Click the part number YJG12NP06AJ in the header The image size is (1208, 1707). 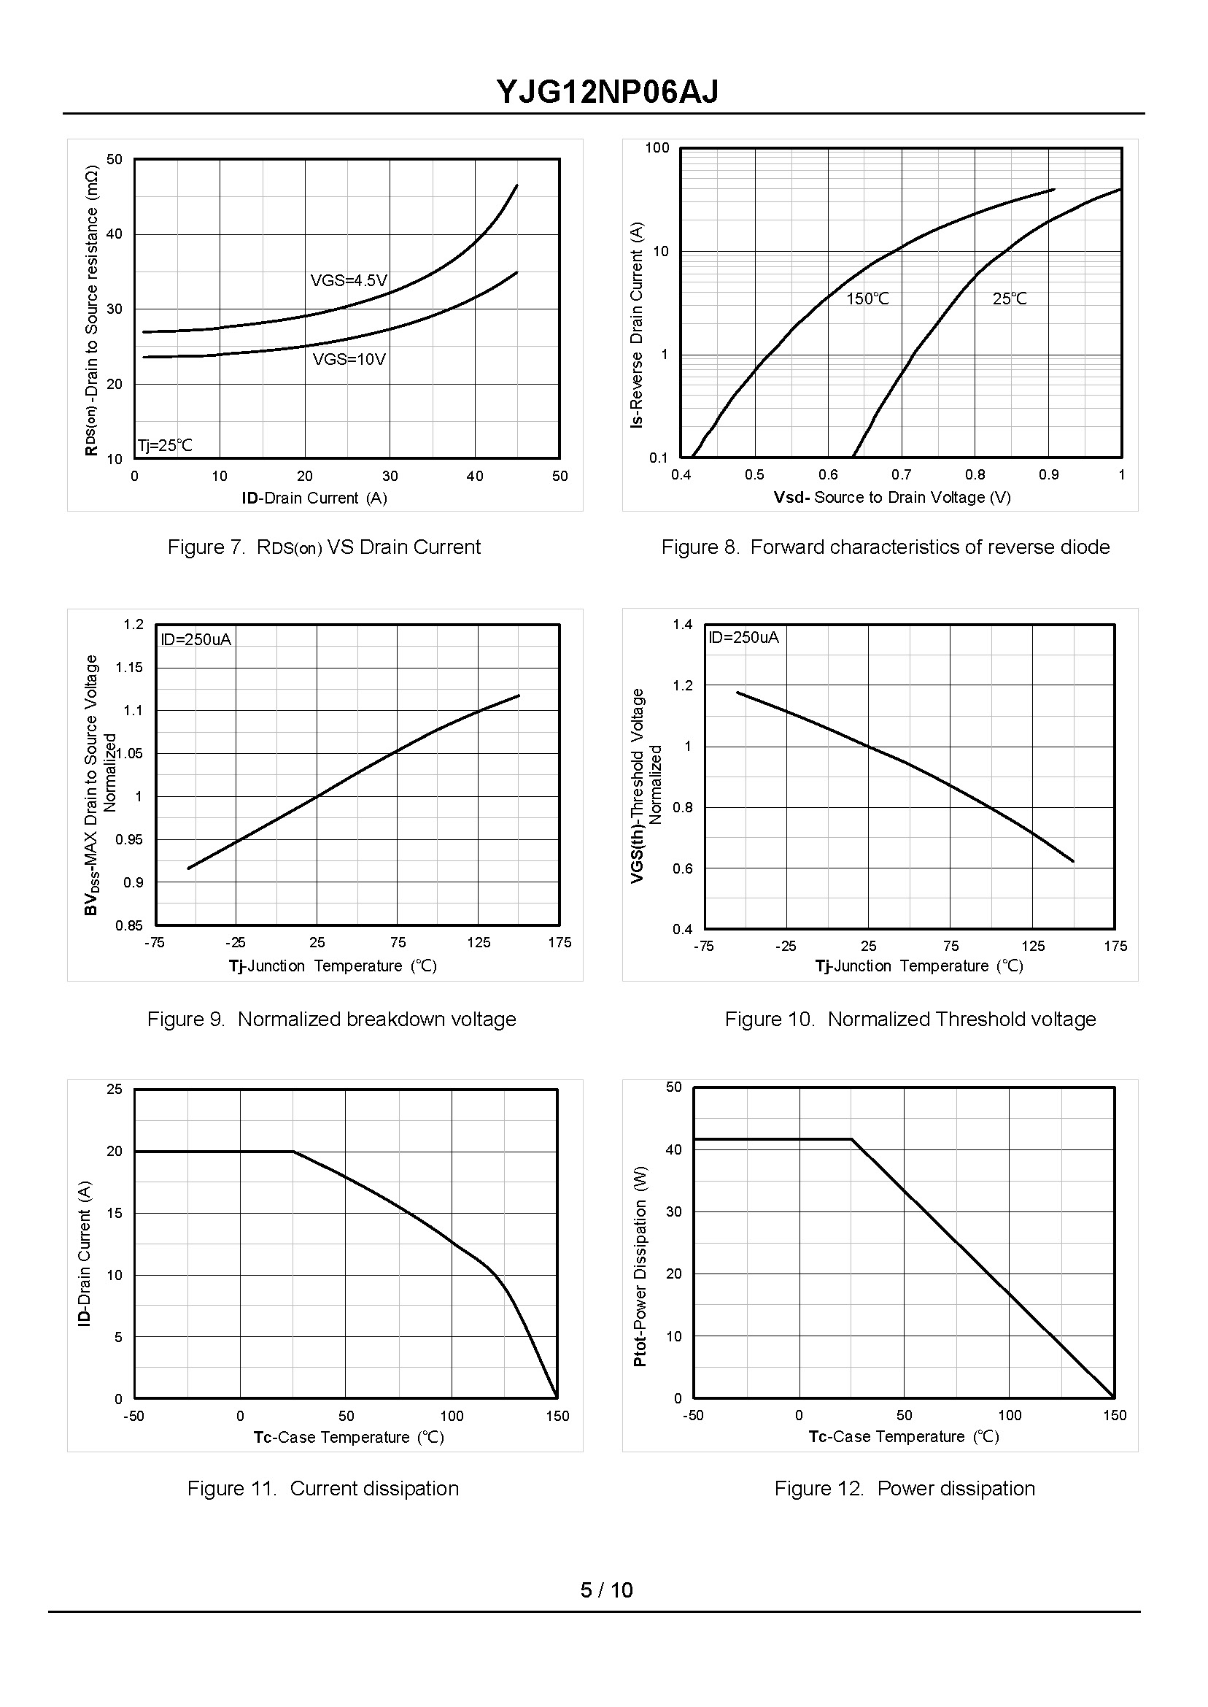607,93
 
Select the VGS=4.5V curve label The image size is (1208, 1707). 349,280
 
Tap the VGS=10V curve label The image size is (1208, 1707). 349,359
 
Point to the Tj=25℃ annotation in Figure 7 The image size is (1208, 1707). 164,446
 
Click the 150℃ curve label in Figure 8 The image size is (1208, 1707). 867,299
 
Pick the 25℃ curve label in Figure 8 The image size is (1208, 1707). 1010,299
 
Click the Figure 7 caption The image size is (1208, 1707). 324,547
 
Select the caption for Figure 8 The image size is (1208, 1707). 885,547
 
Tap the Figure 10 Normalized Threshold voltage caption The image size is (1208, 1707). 910,1019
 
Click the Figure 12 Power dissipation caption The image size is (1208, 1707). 905,1488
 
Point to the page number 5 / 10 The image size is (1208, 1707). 606,1590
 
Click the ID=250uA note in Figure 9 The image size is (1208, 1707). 195,639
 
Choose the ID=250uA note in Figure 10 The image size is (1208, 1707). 743,637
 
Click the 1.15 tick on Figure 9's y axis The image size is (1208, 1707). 129,668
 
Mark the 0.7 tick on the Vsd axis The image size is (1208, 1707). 902,475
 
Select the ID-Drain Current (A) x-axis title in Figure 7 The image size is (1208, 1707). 314,498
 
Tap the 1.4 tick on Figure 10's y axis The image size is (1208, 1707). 682,624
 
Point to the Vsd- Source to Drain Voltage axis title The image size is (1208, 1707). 892,497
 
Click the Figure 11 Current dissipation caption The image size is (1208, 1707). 323,1488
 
